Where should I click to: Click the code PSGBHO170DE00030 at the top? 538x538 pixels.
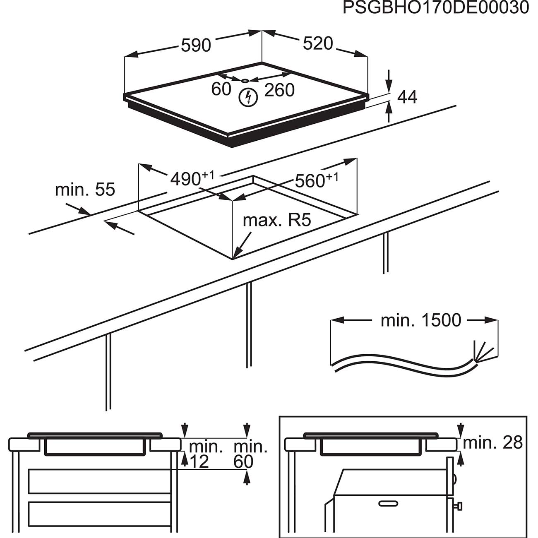click(435, 8)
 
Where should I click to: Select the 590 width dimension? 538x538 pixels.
click(196, 45)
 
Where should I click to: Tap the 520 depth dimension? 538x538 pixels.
click(318, 43)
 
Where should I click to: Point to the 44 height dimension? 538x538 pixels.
click(407, 97)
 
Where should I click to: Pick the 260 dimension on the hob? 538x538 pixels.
click(279, 90)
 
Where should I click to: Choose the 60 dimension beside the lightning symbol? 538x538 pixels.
click(221, 89)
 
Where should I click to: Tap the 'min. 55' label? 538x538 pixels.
click(85, 190)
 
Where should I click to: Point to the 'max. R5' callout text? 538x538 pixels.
click(276, 220)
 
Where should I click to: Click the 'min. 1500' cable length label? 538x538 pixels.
click(420, 320)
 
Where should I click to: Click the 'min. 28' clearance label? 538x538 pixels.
click(492, 443)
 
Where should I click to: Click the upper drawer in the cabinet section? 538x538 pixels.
click(99, 481)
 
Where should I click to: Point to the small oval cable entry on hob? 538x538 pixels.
click(245, 81)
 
